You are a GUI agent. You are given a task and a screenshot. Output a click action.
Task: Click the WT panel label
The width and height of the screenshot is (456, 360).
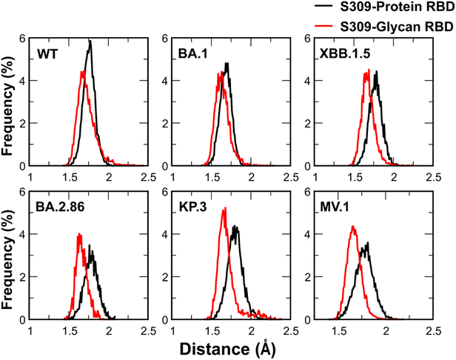pos(48,53)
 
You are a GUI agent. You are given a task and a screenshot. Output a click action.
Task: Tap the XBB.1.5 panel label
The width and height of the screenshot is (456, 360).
pos(343,53)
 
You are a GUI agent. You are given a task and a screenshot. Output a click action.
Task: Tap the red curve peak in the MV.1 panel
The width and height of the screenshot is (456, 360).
pos(353,227)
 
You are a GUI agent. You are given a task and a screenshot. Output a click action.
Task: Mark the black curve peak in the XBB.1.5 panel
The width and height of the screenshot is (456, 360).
pos(377,72)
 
